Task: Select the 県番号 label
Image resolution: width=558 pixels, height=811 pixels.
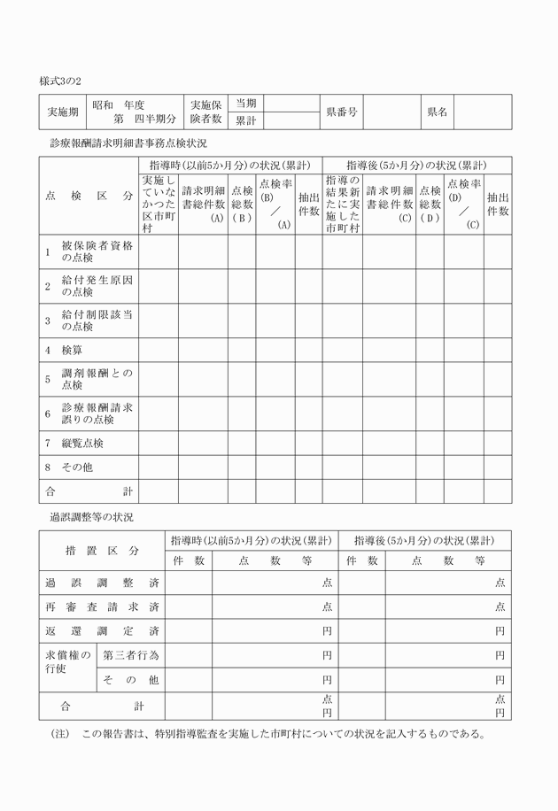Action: [x=341, y=112]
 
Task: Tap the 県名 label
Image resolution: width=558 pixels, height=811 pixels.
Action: [x=437, y=112]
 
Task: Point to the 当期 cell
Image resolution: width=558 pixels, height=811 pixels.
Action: [x=245, y=104]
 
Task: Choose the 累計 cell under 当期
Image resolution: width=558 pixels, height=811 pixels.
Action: [x=245, y=120]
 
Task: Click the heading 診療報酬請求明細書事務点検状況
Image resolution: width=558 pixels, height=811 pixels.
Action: [x=128, y=143]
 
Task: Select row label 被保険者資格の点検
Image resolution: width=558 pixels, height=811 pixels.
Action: [x=97, y=251]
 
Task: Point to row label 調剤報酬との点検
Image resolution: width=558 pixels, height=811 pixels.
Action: [x=97, y=380]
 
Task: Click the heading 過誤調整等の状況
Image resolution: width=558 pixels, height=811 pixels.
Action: [x=91, y=516]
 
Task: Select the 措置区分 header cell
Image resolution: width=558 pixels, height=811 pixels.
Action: [x=102, y=550]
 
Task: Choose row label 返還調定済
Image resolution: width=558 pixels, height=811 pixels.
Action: [x=102, y=631]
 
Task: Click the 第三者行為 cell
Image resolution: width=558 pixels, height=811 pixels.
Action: [x=130, y=655]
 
